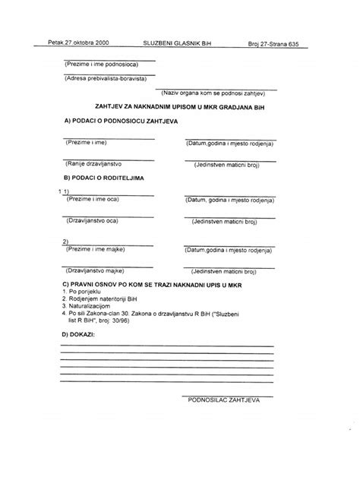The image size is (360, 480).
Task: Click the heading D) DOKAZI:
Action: point(78,333)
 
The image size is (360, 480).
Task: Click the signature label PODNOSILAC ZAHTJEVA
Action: point(224,398)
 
